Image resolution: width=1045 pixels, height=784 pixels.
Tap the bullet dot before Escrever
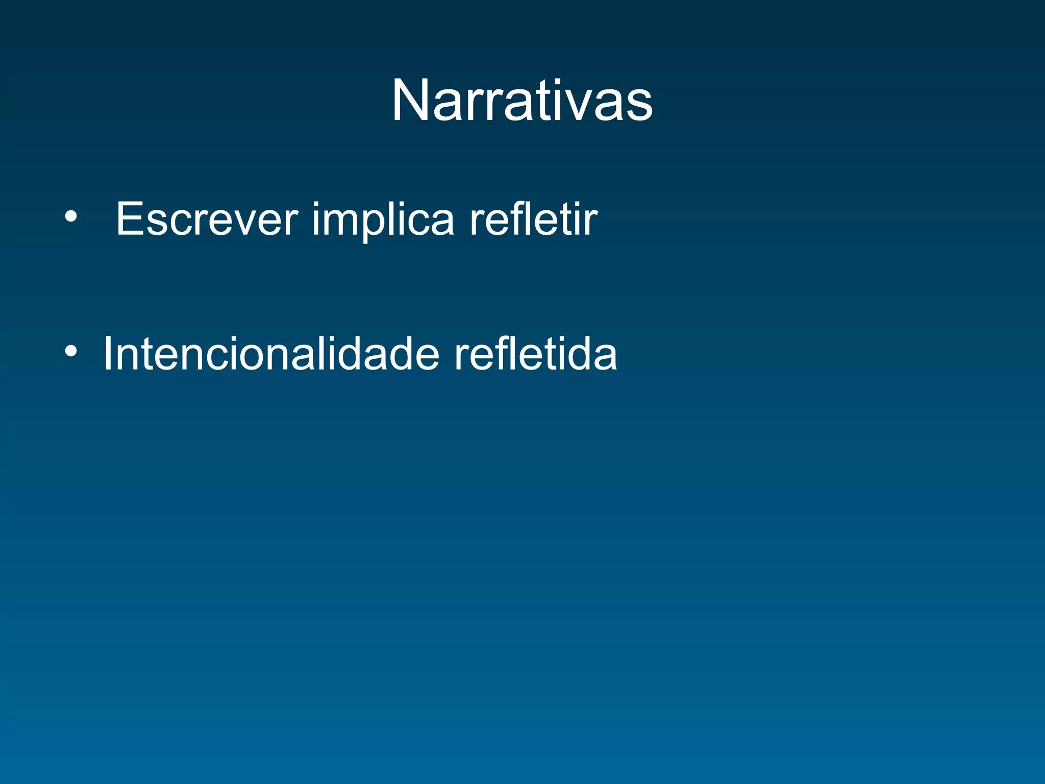(x=71, y=217)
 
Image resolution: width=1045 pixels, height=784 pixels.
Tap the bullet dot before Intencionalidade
(x=71, y=351)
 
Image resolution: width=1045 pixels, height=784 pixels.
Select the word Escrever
(x=207, y=219)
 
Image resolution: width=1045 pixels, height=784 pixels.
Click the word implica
(x=383, y=220)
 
